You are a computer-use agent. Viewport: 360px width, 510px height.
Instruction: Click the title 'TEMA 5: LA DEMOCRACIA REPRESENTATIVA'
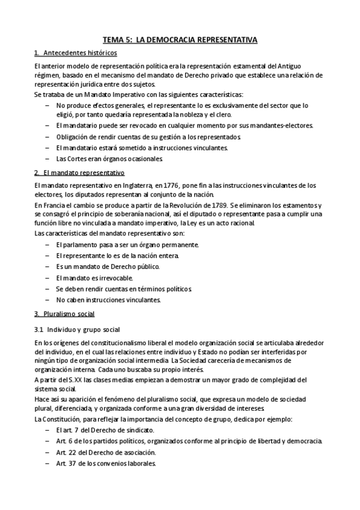[180, 40]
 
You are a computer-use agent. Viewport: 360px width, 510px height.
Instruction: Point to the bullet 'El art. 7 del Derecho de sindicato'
[105, 430]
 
